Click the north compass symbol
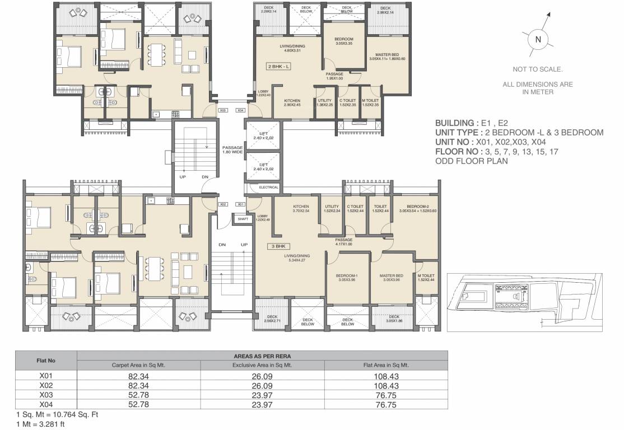click(538, 39)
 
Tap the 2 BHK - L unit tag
click(280, 66)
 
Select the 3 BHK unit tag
click(280, 245)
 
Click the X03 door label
click(223, 110)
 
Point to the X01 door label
click(241, 204)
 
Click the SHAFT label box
click(243, 219)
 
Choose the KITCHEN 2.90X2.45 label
click(292, 103)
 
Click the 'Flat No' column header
click(46, 360)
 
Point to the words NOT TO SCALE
click(538, 69)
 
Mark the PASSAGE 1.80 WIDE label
click(232, 149)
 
